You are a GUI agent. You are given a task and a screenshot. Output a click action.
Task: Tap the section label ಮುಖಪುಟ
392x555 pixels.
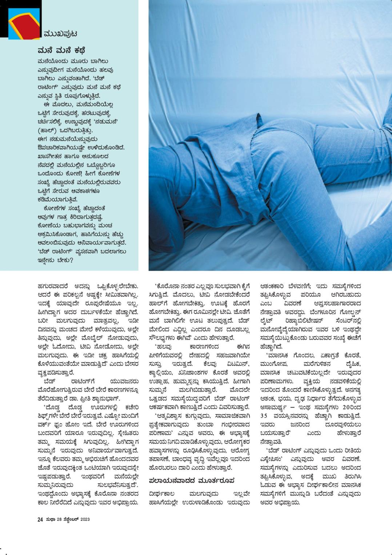(x=60, y=34)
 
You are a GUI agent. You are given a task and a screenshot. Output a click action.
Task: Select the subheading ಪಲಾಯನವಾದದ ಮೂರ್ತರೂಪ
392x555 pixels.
(x=192, y=480)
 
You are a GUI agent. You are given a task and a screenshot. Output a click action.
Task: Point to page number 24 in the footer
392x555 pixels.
(x=40, y=519)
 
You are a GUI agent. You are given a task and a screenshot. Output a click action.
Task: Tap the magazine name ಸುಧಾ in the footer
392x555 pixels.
(x=50, y=519)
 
